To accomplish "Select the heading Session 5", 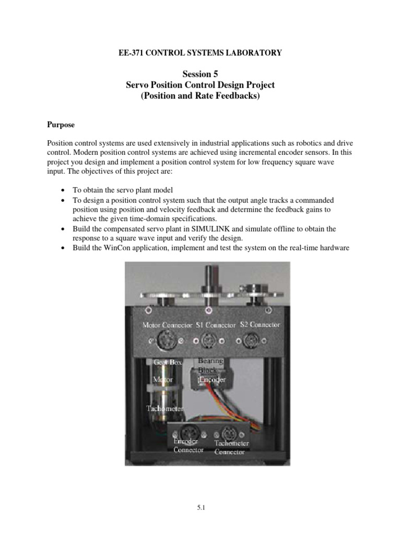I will point(200,74).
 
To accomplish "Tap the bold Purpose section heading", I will point(61,125).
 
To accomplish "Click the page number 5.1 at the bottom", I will point(200,505).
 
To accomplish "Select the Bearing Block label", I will point(210,365).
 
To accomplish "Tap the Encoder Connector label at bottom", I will point(188,446).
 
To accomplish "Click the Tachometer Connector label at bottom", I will point(231,448).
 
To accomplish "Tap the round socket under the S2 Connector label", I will point(245,342).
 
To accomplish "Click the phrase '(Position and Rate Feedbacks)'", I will point(200,97).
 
